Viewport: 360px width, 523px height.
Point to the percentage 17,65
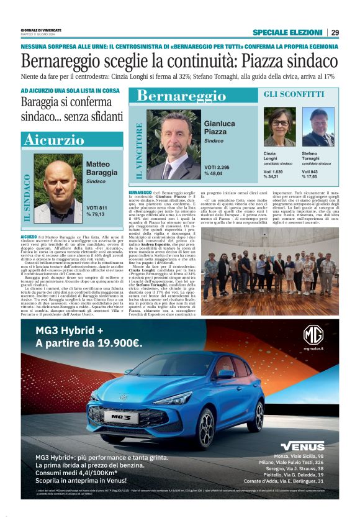point(313,177)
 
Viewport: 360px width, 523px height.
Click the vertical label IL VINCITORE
point(138,150)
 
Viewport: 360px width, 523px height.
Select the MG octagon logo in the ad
point(313,335)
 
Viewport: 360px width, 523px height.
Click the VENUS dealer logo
point(302,446)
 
